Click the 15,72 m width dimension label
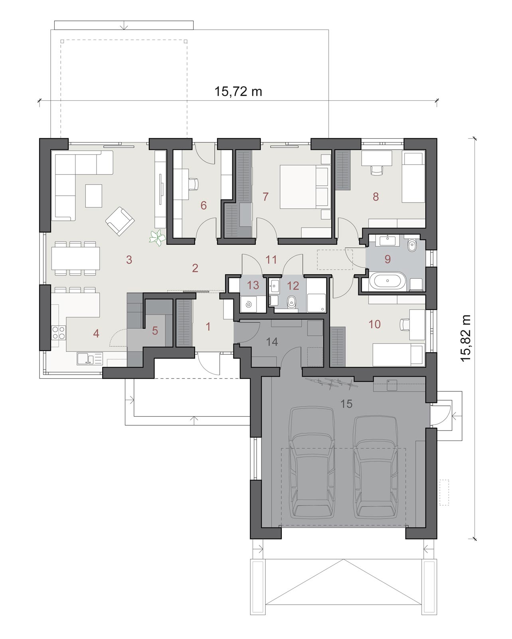238,91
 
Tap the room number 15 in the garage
346,404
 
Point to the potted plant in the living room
157,238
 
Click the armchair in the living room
120,221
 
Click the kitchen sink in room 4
89,358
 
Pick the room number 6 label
203,205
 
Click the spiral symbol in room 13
248,304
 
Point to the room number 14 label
272,342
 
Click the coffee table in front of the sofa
94,196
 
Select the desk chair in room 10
405,324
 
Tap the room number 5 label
155,331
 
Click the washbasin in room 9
387,240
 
